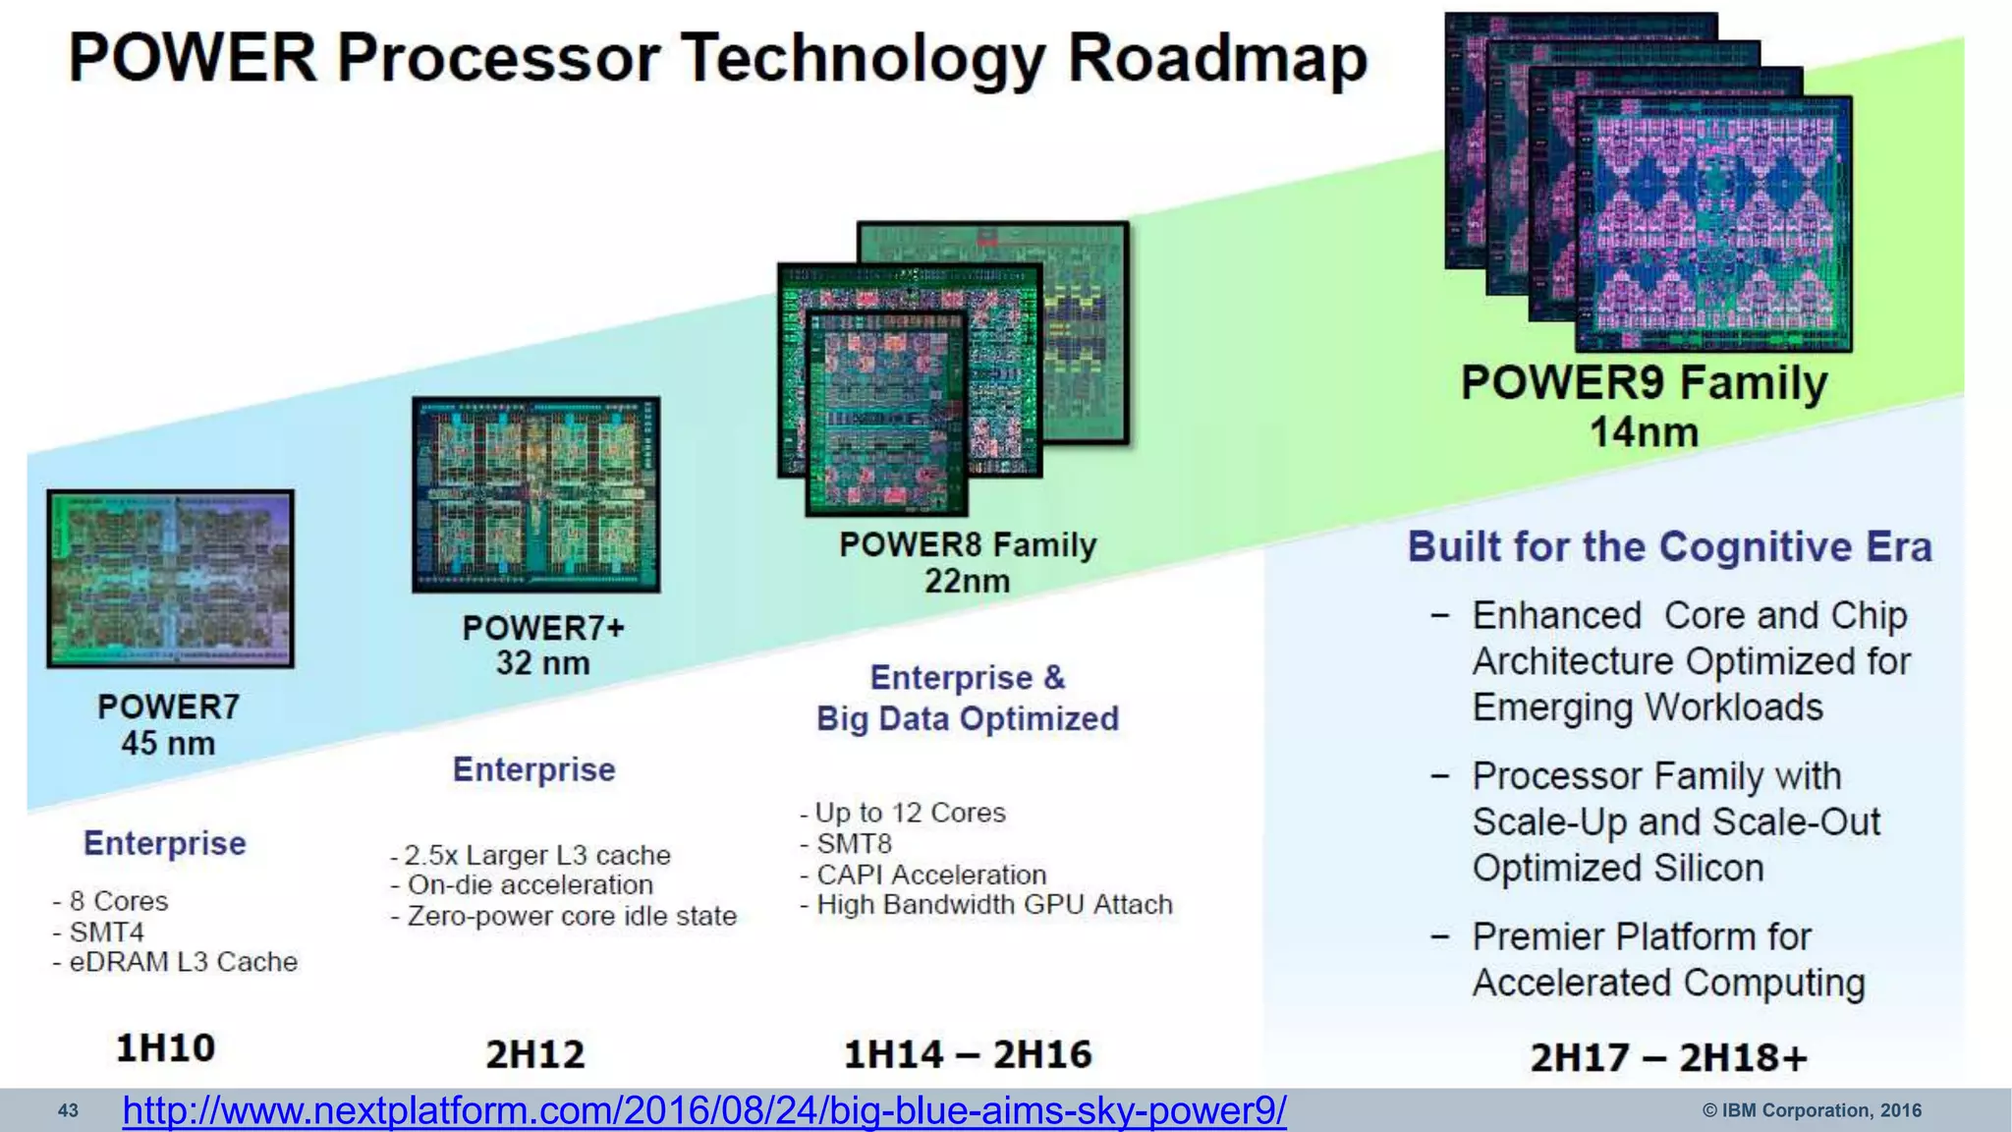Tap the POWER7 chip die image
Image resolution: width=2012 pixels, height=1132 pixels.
click(170, 580)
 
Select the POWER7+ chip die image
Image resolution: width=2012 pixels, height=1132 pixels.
click(535, 494)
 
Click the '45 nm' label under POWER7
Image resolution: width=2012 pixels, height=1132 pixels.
click(168, 743)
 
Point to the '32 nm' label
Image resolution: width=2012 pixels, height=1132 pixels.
click(542, 663)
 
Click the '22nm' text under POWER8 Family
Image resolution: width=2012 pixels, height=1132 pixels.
click(967, 581)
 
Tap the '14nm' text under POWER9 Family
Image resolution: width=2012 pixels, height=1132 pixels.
click(1644, 432)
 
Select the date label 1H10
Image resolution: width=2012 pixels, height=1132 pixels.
click(165, 1047)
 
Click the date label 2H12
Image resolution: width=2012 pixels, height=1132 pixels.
click(535, 1054)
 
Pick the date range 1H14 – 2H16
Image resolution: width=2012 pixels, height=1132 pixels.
click(968, 1054)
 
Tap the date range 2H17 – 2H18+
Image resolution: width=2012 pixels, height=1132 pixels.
click(1668, 1058)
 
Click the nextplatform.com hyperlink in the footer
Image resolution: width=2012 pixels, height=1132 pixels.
click(703, 1110)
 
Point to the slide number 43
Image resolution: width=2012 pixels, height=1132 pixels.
click(68, 1111)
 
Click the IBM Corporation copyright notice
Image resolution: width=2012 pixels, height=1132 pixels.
click(1811, 1110)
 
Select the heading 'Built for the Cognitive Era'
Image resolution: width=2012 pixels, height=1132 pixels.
click(1669, 546)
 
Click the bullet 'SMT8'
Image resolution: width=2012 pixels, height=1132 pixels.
click(853, 843)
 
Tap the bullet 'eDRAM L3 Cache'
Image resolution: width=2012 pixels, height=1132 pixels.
click(183, 961)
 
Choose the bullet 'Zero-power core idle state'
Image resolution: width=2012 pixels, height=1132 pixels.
click(571, 916)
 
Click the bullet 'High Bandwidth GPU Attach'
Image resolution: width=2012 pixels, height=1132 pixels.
click(993, 904)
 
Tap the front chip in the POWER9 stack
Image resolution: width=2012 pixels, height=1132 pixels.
click(1713, 224)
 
